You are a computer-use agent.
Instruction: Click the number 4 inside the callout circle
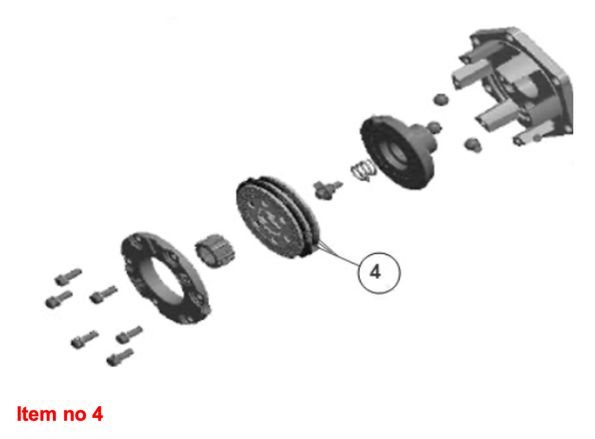(x=376, y=272)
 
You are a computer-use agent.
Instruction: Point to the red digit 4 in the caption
(x=97, y=414)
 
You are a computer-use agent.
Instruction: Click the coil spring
(x=363, y=170)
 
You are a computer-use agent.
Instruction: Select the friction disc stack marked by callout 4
(x=278, y=217)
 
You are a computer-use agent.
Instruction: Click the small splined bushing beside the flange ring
(x=215, y=251)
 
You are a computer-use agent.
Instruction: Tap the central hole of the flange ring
(x=163, y=278)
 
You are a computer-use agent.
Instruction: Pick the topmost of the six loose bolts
(x=68, y=276)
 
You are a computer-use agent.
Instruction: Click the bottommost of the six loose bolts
(x=120, y=357)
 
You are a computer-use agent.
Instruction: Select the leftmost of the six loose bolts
(x=59, y=299)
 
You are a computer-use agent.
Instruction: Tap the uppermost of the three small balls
(x=441, y=100)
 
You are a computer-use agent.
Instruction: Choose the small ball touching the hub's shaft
(x=434, y=127)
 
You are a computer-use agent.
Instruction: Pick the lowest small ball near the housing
(x=473, y=145)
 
